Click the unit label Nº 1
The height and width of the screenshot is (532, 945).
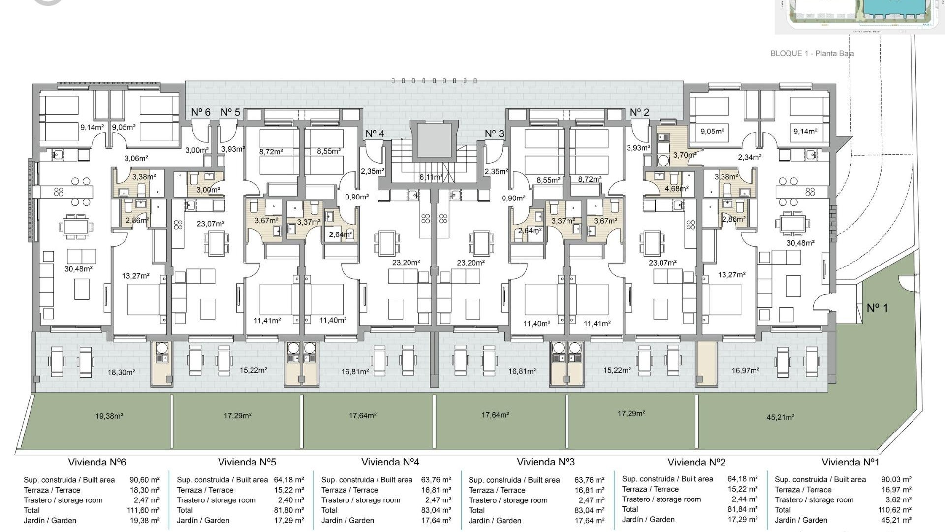(x=877, y=308)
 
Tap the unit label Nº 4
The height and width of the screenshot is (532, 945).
(x=375, y=133)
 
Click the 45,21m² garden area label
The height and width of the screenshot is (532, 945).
(x=781, y=417)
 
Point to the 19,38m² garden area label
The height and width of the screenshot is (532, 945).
(x=109, y=416)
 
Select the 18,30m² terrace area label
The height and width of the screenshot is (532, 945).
(x=122, y=373)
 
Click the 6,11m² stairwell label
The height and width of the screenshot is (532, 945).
(x=431, y=177)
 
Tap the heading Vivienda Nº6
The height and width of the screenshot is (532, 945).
(x=97, y=462)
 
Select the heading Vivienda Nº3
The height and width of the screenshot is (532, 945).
(x=545, y=462)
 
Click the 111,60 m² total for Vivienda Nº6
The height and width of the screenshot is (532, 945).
(x=143, y=510)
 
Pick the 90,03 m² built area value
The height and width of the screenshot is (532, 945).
(x=896, y=479)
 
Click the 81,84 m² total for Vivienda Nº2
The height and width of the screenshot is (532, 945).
(x=742, y=509)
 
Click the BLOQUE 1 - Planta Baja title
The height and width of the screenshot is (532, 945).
(x=812, y=53)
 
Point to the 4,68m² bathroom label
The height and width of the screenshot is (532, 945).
(x=676, y=188)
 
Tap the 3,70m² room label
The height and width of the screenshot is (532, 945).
(x=685, y=155)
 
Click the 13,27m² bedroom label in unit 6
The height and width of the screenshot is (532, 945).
(x=135, y=276)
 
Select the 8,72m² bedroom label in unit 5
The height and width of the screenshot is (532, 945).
(x=271, y=152)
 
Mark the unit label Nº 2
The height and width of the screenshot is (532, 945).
(x=639, y=112)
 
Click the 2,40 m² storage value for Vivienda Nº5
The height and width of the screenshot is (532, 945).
(x=289, y=500)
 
